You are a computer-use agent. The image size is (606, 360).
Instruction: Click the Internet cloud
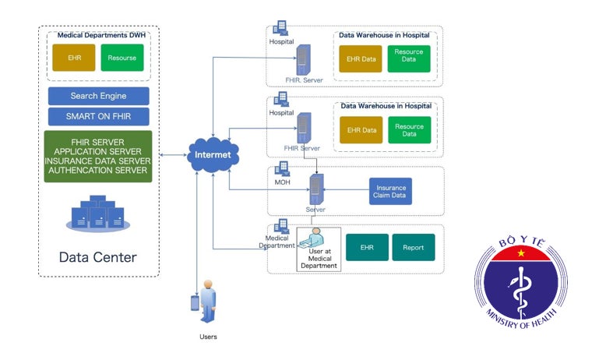(212, 154)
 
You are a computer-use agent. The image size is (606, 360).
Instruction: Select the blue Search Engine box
(98, 96)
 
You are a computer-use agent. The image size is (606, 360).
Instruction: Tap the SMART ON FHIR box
(98, 117)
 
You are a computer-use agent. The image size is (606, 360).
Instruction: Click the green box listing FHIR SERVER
(98, 157)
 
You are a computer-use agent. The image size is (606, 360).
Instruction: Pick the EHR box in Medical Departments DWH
(72, 58)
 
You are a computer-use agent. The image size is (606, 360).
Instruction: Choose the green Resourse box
(122, 58)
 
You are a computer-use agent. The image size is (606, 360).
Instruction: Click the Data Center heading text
(98, 257)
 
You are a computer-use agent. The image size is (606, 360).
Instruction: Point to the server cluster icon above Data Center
(97, 213)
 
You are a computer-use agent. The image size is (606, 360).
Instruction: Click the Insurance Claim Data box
(390, 192)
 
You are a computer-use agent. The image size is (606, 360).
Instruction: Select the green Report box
(414, 248)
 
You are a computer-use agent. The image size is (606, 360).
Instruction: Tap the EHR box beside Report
(367, 248)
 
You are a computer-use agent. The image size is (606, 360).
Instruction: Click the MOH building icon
(282, 169)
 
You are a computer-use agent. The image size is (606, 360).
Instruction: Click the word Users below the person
(206, 337)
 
